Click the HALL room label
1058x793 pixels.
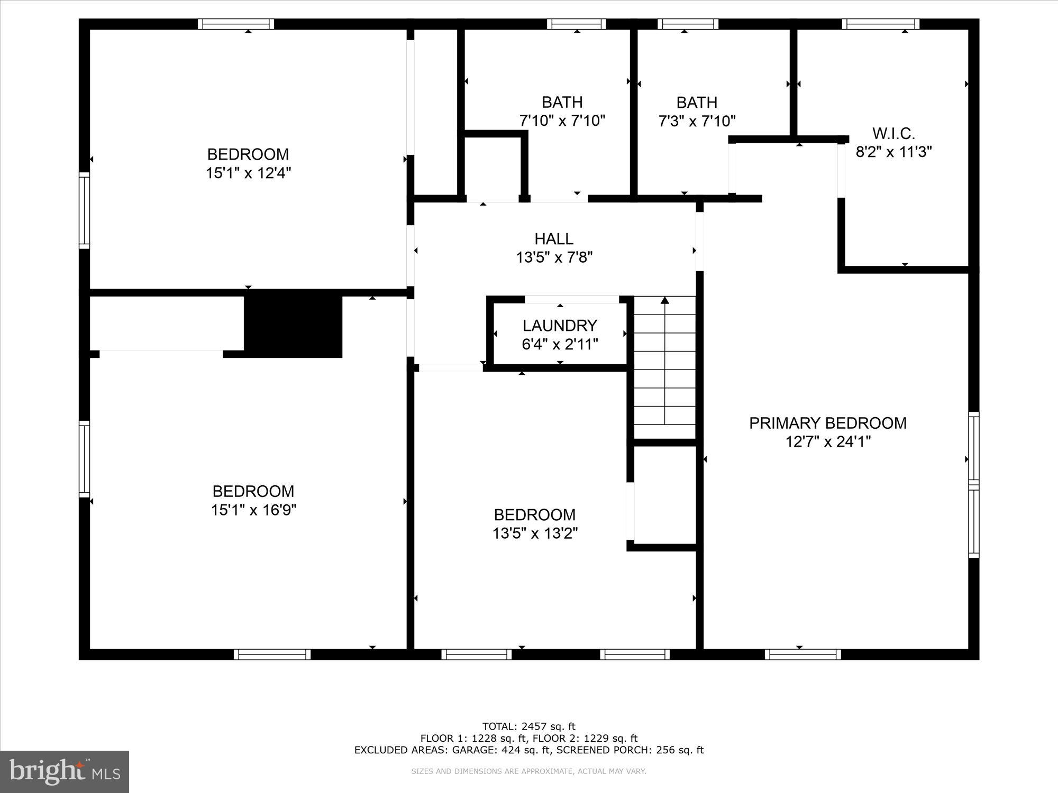tap(554, 239)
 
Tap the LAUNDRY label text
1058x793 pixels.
tap(560, 325)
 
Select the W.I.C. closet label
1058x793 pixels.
tap(893, 133)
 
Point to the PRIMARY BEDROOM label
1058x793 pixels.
tap(827, 423)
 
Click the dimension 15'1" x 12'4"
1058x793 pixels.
tap(248, 173)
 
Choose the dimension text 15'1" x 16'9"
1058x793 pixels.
tap(253, 510)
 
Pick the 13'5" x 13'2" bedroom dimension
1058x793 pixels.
tap(535, 533)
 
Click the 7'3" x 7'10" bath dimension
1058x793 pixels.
tap(697, 122)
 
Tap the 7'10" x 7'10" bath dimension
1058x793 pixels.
tap(562, 121)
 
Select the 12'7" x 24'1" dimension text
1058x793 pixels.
tap(827, 442)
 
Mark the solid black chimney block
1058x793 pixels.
tap(293, 326)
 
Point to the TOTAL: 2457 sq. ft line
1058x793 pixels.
tap(528, 726)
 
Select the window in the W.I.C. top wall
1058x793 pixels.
tap(880, 24)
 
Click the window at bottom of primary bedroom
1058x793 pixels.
tap(802, 654)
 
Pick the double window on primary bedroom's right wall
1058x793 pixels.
tap(973, 485)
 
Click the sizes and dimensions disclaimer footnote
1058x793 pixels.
tap(528, 771)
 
